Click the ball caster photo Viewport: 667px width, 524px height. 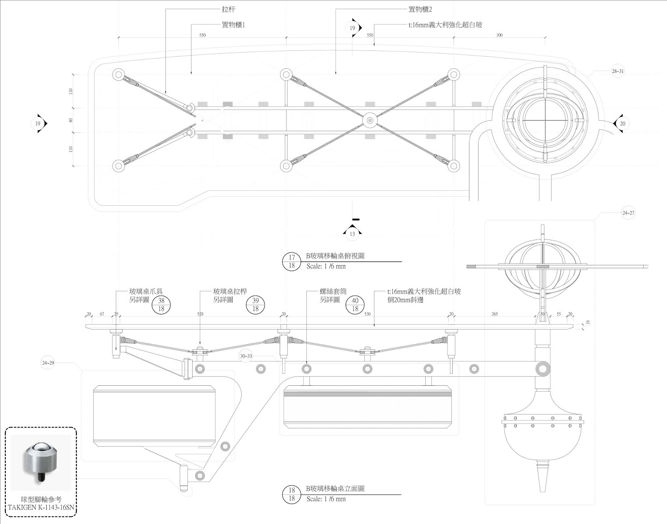click(41, 462)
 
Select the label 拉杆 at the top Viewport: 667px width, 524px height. click(228, 9)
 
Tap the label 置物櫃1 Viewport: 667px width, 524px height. click(233, 25)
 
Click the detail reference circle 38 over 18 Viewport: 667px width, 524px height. click(161, 304)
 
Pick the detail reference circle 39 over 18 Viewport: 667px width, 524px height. click(256, 304)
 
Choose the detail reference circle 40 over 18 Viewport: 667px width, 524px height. click(355, 304)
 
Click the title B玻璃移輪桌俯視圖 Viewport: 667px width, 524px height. click(335, 256)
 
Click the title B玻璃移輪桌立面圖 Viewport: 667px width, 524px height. click(335, 489)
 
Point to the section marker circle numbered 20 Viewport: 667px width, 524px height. click(622, 124)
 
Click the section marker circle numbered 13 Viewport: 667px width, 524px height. click(352, 234)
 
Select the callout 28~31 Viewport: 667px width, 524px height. click(618, 71)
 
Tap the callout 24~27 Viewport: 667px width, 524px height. click(628, 213)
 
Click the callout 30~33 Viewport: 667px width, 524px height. click(246, 356)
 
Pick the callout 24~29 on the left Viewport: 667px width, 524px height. click(48, 363)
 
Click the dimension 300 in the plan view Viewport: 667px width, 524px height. click(499, 35)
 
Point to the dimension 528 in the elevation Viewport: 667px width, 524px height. click(200, 314)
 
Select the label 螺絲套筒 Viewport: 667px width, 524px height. click(333, 292)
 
